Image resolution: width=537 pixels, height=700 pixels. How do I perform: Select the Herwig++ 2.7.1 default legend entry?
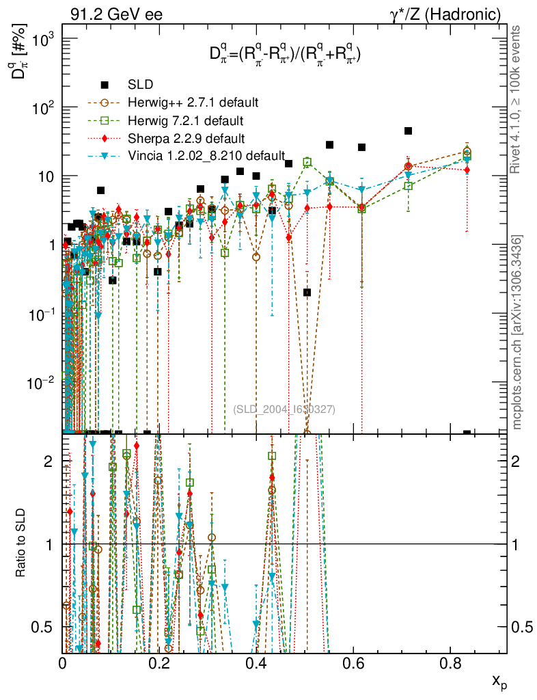(x=193, y=103)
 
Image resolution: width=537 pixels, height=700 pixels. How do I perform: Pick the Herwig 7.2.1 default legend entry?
(x=186, y=120)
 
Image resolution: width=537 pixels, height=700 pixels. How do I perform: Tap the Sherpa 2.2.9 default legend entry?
(x=186, y=138)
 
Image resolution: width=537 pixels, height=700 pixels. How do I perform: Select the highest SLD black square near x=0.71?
(x=409, y=131)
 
